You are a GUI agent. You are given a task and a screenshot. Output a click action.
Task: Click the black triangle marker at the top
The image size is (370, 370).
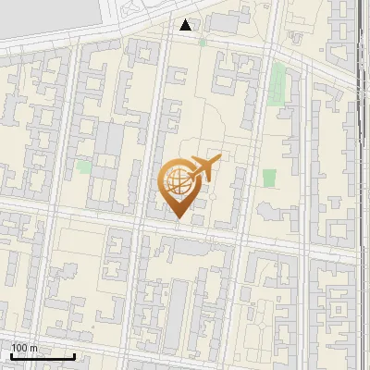click(x=187, y=25)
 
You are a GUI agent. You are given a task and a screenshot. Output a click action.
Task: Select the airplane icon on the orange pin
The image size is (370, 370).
click(x=204, y=168)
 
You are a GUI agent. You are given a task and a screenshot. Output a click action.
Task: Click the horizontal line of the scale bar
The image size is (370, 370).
click(x=43, y=356)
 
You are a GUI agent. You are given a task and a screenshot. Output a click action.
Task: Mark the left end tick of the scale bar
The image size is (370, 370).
click(x=11, y=355)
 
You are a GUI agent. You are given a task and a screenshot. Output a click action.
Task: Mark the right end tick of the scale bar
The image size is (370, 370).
click(x=74, y=355)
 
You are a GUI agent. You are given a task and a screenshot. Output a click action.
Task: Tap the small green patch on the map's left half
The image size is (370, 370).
click(x=84, y=166)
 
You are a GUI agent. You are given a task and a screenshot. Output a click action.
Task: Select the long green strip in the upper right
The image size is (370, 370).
click(x=277, y=85)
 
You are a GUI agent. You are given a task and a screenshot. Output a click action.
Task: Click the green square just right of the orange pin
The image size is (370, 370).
click(x=269, y=178)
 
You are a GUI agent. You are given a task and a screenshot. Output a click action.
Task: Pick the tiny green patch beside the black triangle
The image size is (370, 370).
click(x=202, y=42)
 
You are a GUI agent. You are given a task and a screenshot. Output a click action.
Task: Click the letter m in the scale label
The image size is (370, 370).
click(x=33, y=348)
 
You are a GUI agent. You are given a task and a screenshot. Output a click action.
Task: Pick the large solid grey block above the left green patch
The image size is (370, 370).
click(x=109, y=139)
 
